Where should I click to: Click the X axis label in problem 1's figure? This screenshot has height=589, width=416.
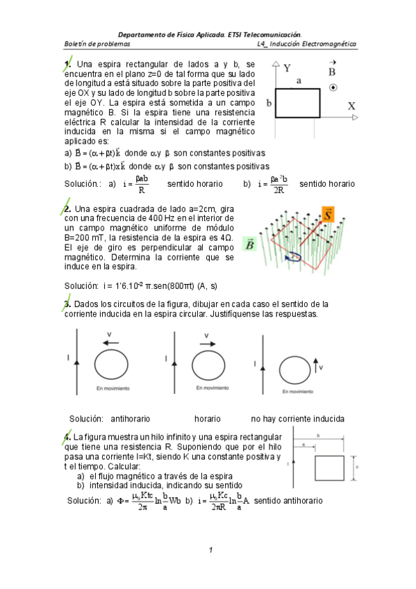tap(351, 106)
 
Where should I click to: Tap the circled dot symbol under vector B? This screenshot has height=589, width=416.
tap(333, 88)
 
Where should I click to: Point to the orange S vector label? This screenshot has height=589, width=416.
tap(328, 213)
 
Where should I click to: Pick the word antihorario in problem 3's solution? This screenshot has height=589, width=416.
tap(131, 419)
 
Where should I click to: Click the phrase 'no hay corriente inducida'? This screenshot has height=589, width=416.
tap(297, 419)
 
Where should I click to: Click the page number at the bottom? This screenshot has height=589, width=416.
tap(209, 550)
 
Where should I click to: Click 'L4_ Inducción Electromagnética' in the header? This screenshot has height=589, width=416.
tap(306, 44)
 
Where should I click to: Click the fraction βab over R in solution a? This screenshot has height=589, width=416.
tap(142, 184)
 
